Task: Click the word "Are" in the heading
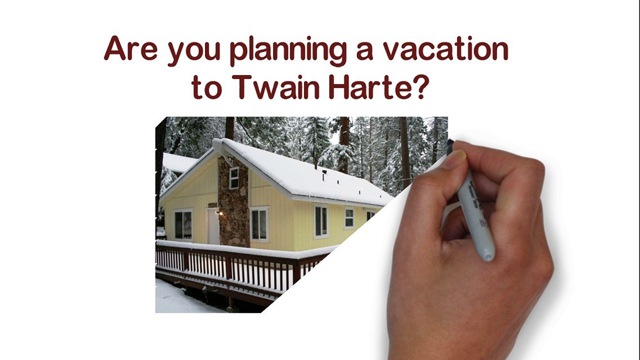tap(130, 48)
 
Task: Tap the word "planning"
tap(289, 52)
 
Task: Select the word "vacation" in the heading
tap(445, 48)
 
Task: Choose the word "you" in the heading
tap(194, 51)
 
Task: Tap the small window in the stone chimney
tap(234, 178)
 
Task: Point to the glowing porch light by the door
tap(221, 213)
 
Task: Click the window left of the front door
tap(183, 224)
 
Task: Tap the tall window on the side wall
tap(321, 221)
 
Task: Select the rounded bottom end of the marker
tap(487, 254)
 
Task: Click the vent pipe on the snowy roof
tap(324, 175)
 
